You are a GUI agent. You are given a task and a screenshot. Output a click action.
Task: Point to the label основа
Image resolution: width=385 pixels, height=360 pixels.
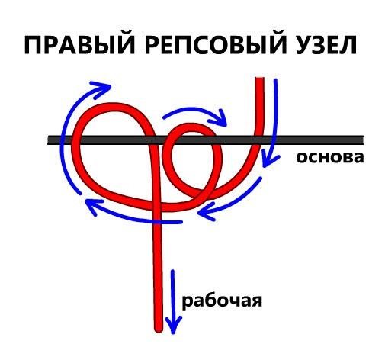click(329, 157)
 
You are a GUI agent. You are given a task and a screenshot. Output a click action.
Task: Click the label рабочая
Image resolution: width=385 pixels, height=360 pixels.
click(222, 302)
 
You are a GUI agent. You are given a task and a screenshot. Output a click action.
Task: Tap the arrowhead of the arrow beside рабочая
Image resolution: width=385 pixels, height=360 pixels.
click(173, 326)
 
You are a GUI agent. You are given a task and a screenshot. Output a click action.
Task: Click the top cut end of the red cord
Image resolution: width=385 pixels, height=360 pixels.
click(259, 78)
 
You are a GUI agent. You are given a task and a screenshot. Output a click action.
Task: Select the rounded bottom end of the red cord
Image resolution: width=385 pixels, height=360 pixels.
click(159, 330)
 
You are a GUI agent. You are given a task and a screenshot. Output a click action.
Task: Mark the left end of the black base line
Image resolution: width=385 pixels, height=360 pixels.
click(48, 140)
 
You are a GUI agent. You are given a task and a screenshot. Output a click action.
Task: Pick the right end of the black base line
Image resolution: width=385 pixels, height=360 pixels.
click(363, 140)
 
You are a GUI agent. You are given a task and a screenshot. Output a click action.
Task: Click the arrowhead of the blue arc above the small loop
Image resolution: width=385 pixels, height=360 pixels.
click(220, 118)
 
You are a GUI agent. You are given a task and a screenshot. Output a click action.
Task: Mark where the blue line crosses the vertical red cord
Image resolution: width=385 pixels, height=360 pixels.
click(158, 222)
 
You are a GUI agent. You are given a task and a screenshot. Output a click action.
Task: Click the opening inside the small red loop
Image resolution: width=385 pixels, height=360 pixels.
click(192, 162)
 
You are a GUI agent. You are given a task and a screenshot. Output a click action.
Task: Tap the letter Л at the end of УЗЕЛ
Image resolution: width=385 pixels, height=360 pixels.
click(347, 45)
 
